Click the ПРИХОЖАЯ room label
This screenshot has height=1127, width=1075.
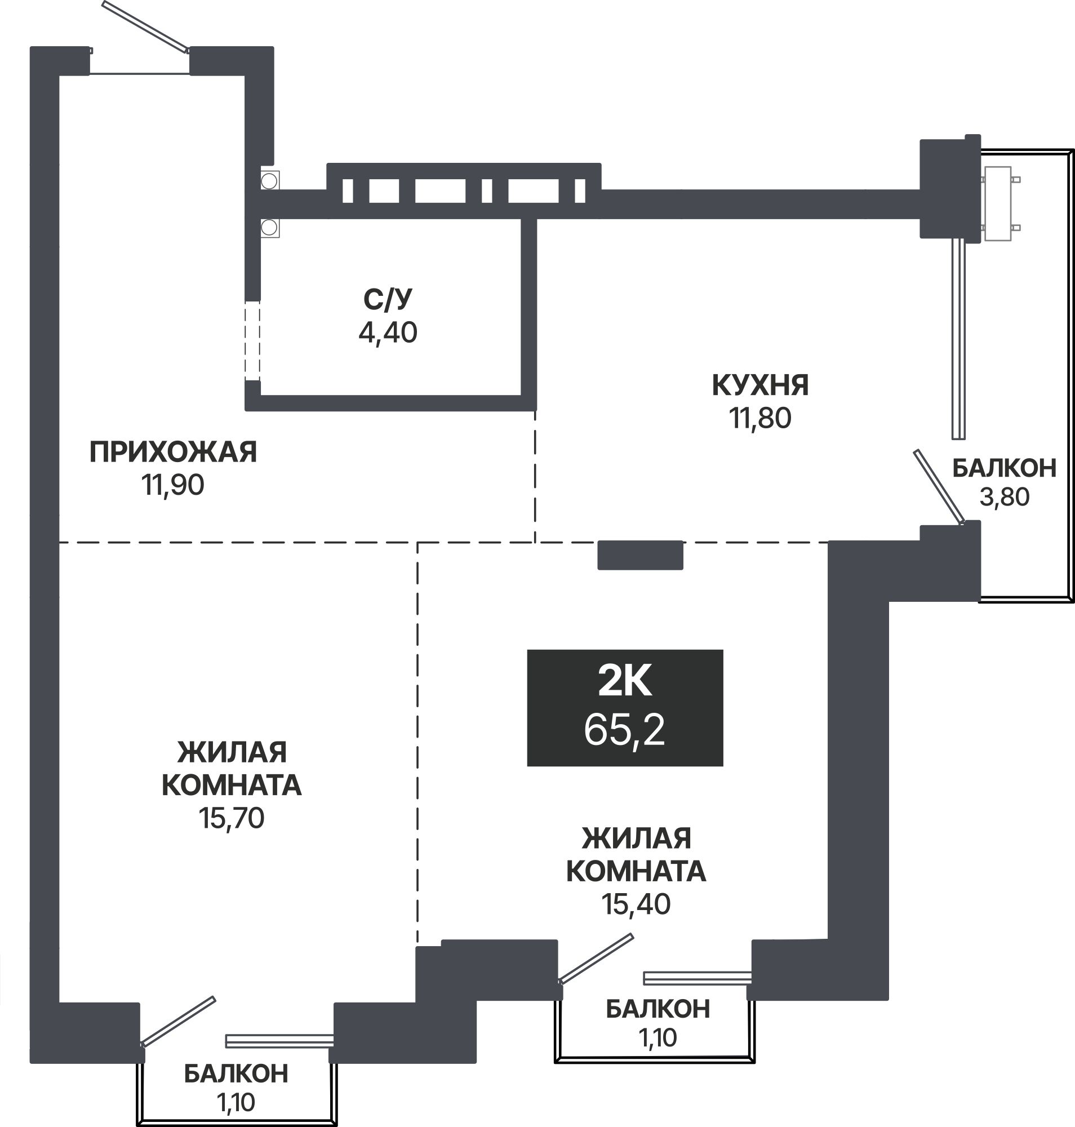pyautogui.click(x=173, y=452)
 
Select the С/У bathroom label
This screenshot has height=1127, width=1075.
pyautogui.click(x=388, y=299)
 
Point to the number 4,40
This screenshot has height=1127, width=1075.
pyautogui.click(x=388, y=332)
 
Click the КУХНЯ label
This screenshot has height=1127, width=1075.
pyautogui.click(x=761, y=385)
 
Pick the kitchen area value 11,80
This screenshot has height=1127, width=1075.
pyautogui.click(x=761, y=419)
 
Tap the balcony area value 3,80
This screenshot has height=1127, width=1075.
pyautogui.click(x=1005, y=497)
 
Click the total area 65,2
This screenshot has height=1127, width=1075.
pyautogui.click(x=625, y=730)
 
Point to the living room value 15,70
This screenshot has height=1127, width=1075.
pyautogui.click(x=232, y=819)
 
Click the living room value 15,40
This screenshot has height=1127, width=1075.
pyautogui.click(x=636, y=904)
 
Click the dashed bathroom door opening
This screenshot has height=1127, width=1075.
pyautogui.click(x=252, y=340)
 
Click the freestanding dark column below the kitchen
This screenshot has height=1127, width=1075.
pyautogui.click(x=640, y=555)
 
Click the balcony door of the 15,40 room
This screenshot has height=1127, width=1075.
pyautogui.click(x=596, y=959)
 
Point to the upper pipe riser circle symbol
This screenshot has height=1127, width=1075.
pyautogui.click(x=269, y=181)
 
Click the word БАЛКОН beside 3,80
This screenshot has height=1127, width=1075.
pyautogui.click(x=1005, y=468)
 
